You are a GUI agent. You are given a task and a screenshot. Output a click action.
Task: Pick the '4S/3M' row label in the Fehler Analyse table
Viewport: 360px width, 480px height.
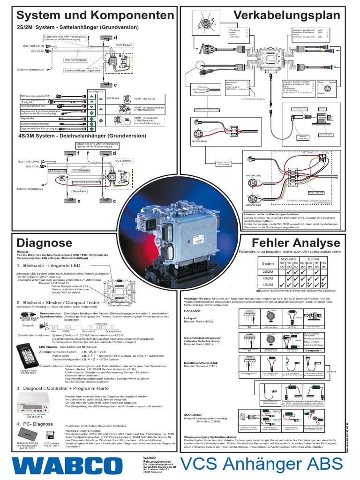[268, 284]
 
